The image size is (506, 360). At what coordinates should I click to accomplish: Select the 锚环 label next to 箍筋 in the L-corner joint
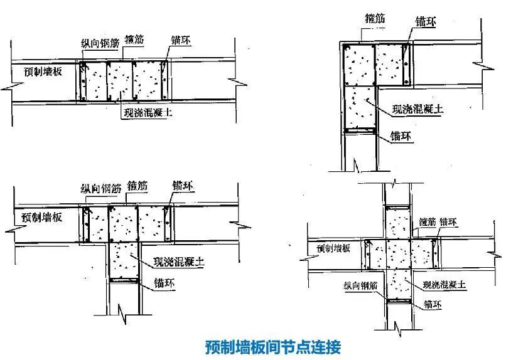pos(424,21)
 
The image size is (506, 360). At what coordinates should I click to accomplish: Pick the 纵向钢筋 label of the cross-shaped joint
pos(361,285)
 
